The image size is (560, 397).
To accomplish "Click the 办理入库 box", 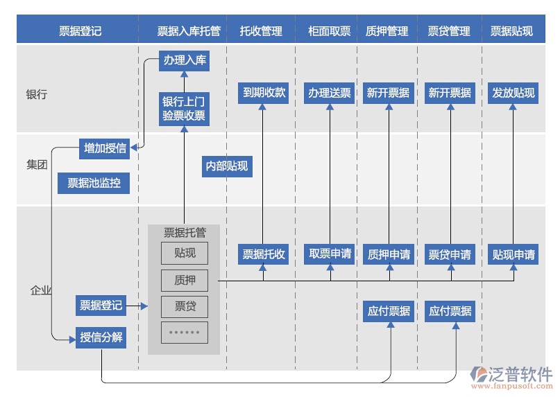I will pyautogui.click(x=185, y=60).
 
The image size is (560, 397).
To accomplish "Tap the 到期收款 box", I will pyautogui.click(x=264, y=92).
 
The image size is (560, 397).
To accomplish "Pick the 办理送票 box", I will pyautogui.click(x=330, y=92).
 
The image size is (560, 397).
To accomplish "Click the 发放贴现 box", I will pyautogui.click(x=514, y=92).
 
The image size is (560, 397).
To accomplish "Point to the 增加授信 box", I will pyautogui.click(x=105, y=148).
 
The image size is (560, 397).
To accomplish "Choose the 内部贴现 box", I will pyautogui.click(x=226, y=166).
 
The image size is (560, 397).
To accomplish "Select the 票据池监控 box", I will pyautogui.click(x=94, y=183).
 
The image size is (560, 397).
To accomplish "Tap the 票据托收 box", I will pyautogui.click(x=264, y=254).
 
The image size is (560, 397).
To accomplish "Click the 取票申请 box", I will pyautogui.click(x=330, y=254).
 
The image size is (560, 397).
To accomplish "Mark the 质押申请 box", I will pyautogui.click(x=389, y=254).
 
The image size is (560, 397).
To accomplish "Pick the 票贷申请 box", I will pyautogui.click(x=450, y=254).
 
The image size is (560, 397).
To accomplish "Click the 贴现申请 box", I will pyautogui.click(x=514, y=254).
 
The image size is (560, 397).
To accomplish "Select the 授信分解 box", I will pyautogui.click(x=101, y=337).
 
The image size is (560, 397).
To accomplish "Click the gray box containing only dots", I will pyautogui.click(x=184, y=333).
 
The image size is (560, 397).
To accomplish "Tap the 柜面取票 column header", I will pyautogui.click(x=330, y=30).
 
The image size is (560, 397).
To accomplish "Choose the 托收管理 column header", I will pyautogui.click(x=261, y=30).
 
